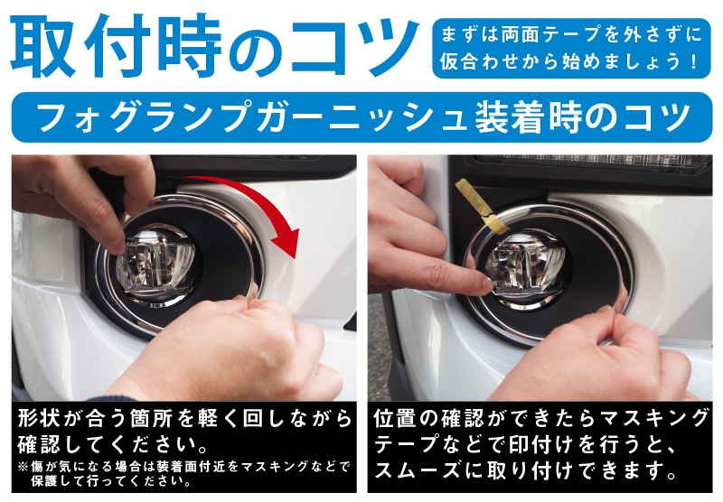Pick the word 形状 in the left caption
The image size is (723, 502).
(x=41, y=421)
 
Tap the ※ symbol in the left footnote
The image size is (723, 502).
(x=21, y=466)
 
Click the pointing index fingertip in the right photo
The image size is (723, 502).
(x=487, y=284)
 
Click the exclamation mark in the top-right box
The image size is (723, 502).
(x=692, y=64)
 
